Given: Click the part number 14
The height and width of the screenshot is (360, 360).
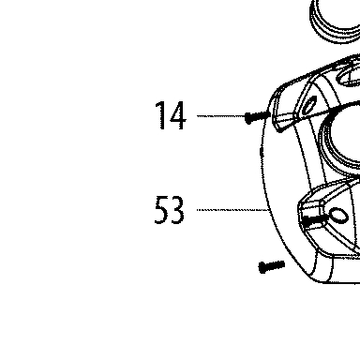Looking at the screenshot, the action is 171,115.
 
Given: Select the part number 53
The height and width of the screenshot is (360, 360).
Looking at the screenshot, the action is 169,210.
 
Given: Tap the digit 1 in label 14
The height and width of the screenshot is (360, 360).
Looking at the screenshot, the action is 162,115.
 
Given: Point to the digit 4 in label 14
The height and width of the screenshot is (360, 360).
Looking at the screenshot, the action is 178,115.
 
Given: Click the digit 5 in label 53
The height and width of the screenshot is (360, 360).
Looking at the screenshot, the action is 161,210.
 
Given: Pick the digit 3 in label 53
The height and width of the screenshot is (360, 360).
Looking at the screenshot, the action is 177,210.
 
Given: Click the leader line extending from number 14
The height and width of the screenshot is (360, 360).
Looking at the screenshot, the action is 220,116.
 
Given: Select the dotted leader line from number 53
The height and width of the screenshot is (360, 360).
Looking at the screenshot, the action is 232,210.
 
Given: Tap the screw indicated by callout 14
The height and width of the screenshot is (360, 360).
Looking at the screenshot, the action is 257,117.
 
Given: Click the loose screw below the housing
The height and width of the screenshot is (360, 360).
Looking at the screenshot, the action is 272,266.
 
